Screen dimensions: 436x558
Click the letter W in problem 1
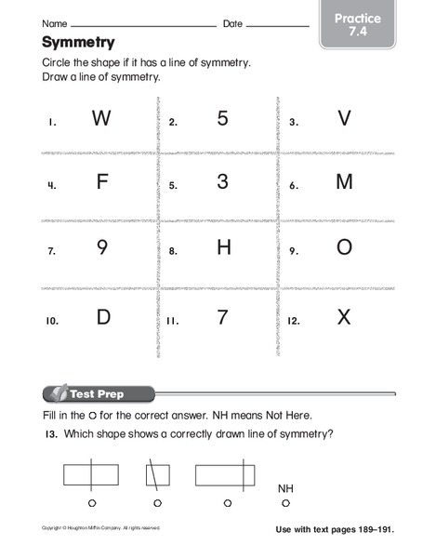101,118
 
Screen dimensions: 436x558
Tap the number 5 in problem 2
222,118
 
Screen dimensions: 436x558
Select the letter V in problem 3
344,118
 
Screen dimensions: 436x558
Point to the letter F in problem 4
102,182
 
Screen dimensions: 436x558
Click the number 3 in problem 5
222,182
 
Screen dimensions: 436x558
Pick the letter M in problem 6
344,182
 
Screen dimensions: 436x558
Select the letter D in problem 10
102,317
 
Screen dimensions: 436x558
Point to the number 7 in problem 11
222,317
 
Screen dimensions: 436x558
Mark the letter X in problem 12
344,317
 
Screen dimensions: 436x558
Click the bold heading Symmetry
78,42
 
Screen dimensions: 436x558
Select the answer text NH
285,488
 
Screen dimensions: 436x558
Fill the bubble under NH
285,503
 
